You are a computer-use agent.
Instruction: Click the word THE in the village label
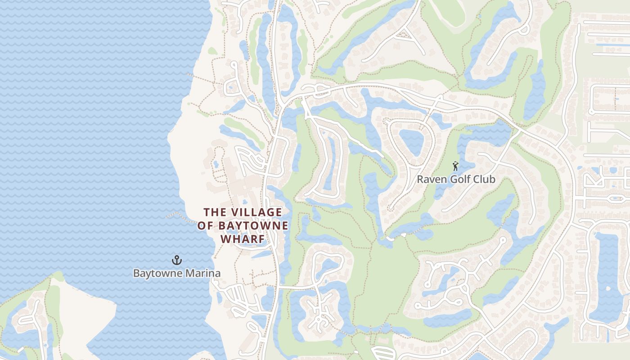[215, 212]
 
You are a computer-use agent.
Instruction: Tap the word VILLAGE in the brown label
[256, 212]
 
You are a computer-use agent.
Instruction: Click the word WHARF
[243, 239]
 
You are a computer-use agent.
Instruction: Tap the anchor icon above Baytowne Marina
[177, 260]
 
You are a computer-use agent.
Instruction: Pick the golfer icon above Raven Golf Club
[455, 166]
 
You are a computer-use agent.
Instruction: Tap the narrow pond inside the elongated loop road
[331, 162]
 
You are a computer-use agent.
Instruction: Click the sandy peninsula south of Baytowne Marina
[85, 310]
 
